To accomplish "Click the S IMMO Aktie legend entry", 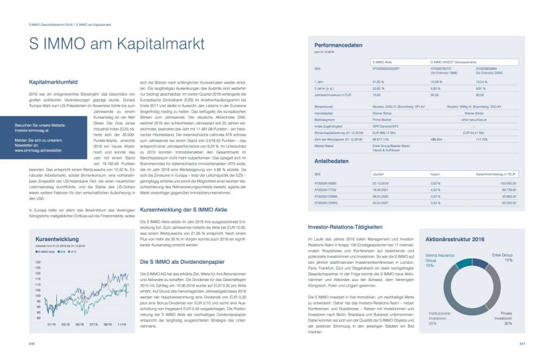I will (x=47, y=252).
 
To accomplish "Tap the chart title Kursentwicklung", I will (x=57, y=239).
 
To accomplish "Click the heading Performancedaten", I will (x=339, y=45).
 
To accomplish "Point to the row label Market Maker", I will (x=325, y=146).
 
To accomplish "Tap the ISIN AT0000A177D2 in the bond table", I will (x=326, y=190).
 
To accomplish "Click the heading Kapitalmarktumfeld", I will (x=54, y=82).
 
